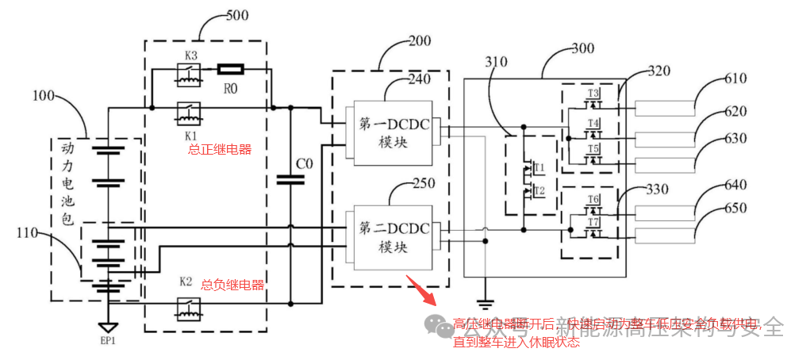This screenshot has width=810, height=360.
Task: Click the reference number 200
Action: pos(420,40)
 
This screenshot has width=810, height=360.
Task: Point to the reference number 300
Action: pos(582,49)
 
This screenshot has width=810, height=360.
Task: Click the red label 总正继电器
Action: pos(220,148)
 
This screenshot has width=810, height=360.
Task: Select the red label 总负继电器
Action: pos(232,285)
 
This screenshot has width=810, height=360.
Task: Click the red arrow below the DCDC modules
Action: pos(421,290)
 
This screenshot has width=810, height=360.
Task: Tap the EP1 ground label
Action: pos(108,341)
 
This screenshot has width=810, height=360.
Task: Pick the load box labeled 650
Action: pos(666,234)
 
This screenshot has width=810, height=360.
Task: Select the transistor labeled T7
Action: pos(593,228)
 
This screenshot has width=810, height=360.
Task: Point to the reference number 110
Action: pos(28,232)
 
